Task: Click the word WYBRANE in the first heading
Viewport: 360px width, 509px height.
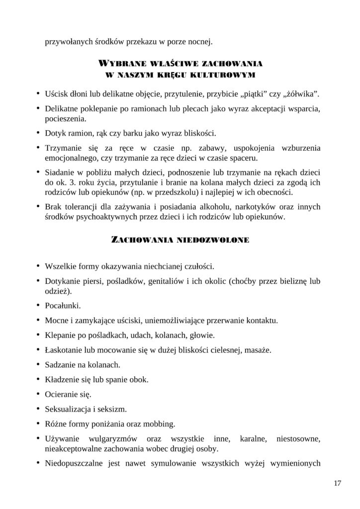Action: click(x=120, y=64)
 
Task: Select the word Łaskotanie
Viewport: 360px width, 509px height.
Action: click(x=63, y=349)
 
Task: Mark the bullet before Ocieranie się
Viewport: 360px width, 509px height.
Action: click(x=38, y=394)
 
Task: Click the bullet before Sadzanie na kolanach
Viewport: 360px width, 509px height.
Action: click(x=38, y=364)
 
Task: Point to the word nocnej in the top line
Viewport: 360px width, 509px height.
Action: click(x=200, y=42)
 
